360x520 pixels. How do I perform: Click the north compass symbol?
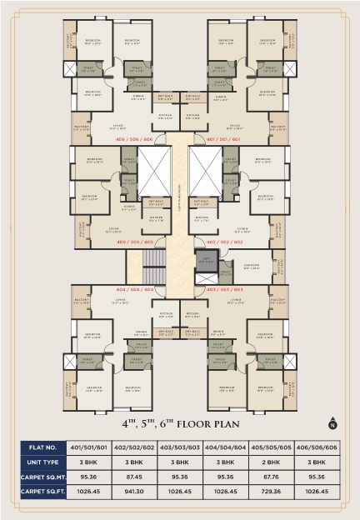tap(333, 422)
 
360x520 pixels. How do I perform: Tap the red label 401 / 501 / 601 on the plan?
tap(223, 140)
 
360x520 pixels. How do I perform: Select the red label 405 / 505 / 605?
tap(136, 242)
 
